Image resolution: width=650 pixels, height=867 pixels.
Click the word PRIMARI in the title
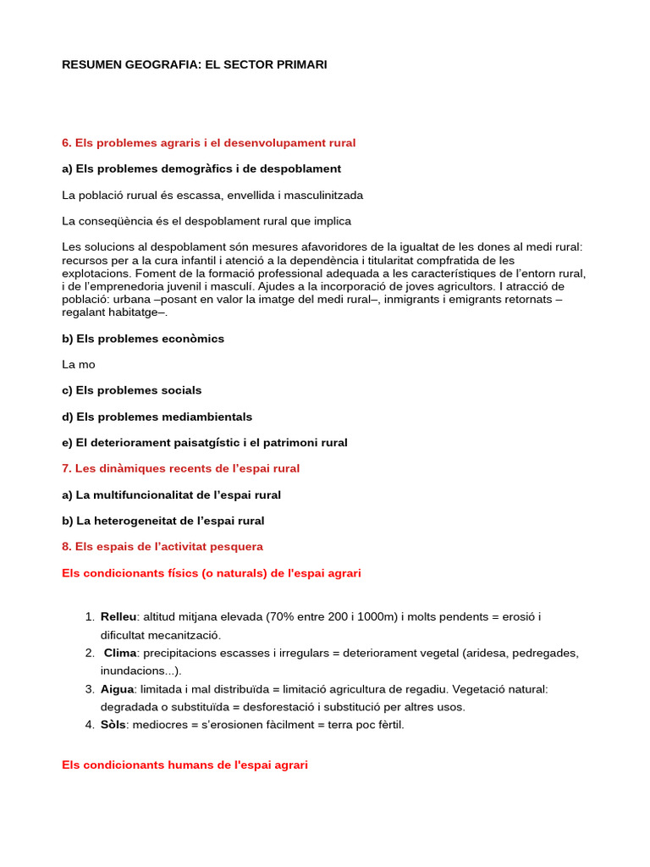click(299, 64)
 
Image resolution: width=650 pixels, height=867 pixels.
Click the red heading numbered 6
click(209, 143)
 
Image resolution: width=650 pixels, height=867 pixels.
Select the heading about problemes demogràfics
click(201, 169)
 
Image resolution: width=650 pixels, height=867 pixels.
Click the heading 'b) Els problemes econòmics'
click(143, 339)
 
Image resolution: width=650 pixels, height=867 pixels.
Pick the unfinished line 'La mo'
click(79, 365)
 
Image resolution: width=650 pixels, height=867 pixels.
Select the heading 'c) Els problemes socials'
click(132, 390)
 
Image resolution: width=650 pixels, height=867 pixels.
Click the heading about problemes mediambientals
click(157, 417)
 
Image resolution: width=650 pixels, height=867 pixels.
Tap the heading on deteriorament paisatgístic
click(205, 443)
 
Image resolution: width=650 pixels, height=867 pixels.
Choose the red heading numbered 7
click(181, 468)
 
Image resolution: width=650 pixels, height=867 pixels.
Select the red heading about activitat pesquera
click(162, 547)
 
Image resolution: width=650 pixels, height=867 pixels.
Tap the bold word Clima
click(120, 653)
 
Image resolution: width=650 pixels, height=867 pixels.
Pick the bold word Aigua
click(118, 689)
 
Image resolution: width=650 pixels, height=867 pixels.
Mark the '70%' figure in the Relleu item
click(279, 617)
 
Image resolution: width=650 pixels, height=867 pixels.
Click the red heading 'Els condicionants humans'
click(185, 765)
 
